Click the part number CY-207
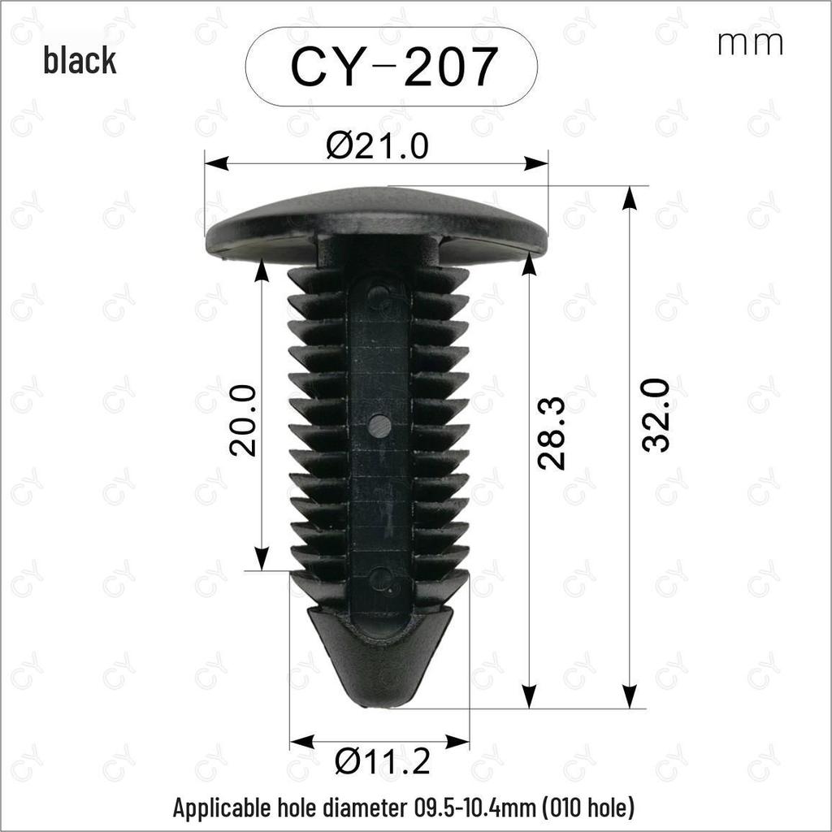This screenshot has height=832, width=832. pyautogui.click(x=394, y=67)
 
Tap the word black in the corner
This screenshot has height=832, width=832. pyautogui.click(x=80, y=59)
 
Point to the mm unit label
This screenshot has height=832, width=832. pyautogui.click(x=750, y=44)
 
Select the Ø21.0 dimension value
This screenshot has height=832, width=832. pyautogui.click(x=377, y=145)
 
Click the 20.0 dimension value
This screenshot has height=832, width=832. pyautogui.click(x=242, y=421)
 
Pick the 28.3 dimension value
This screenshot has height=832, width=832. pyautogui.click(x=552, y=433)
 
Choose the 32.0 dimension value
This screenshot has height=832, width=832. pyautogui.click(x=656, y=415)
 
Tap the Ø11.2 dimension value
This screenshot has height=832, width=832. pyautogui.click(x=383, y=761)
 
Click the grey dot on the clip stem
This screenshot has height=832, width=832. pyautogui.click(x=379, y=425)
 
